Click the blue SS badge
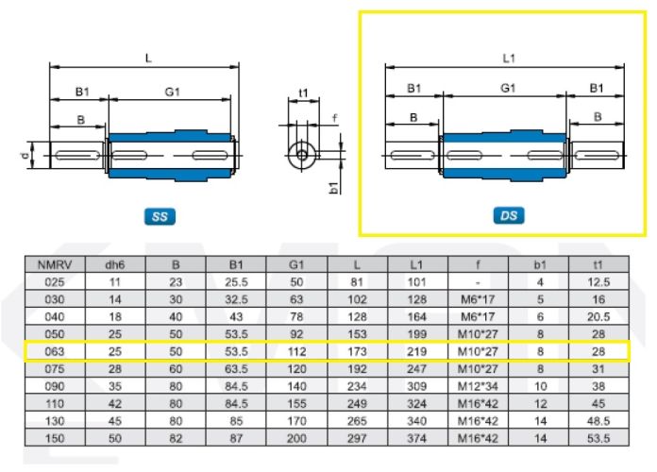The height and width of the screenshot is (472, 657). tap(160, 216)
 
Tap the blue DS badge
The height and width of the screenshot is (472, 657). tap(509, 215)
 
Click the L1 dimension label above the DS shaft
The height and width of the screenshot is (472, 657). tap(508, 59)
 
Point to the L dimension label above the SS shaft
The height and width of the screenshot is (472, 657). tap(148, 58)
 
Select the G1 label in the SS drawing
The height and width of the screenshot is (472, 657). tap(172, 92)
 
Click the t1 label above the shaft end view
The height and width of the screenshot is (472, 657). tap(303, 93)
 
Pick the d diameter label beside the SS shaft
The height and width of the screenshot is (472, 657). tap(25, 156)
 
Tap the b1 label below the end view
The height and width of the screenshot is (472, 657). tap(333, 188)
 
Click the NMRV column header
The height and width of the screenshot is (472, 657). tap(55, 265)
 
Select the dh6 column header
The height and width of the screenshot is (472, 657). tap(115, 265)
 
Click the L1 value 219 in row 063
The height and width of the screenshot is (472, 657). tap(416, 351)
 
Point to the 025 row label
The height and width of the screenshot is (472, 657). tap(55, 282)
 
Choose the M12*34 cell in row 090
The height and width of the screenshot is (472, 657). tap(478, 386)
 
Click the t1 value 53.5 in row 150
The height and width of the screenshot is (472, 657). tap(598, 438)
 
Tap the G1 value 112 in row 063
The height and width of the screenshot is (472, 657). tap(296, 351)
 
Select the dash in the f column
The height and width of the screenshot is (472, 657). tap(478, 282)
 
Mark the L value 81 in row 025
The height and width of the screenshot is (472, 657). tap(357, 282)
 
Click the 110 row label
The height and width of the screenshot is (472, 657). tap(55, 404)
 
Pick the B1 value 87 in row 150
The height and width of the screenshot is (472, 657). tap(236, 438)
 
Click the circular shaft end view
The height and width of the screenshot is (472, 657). tap(302, 156)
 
